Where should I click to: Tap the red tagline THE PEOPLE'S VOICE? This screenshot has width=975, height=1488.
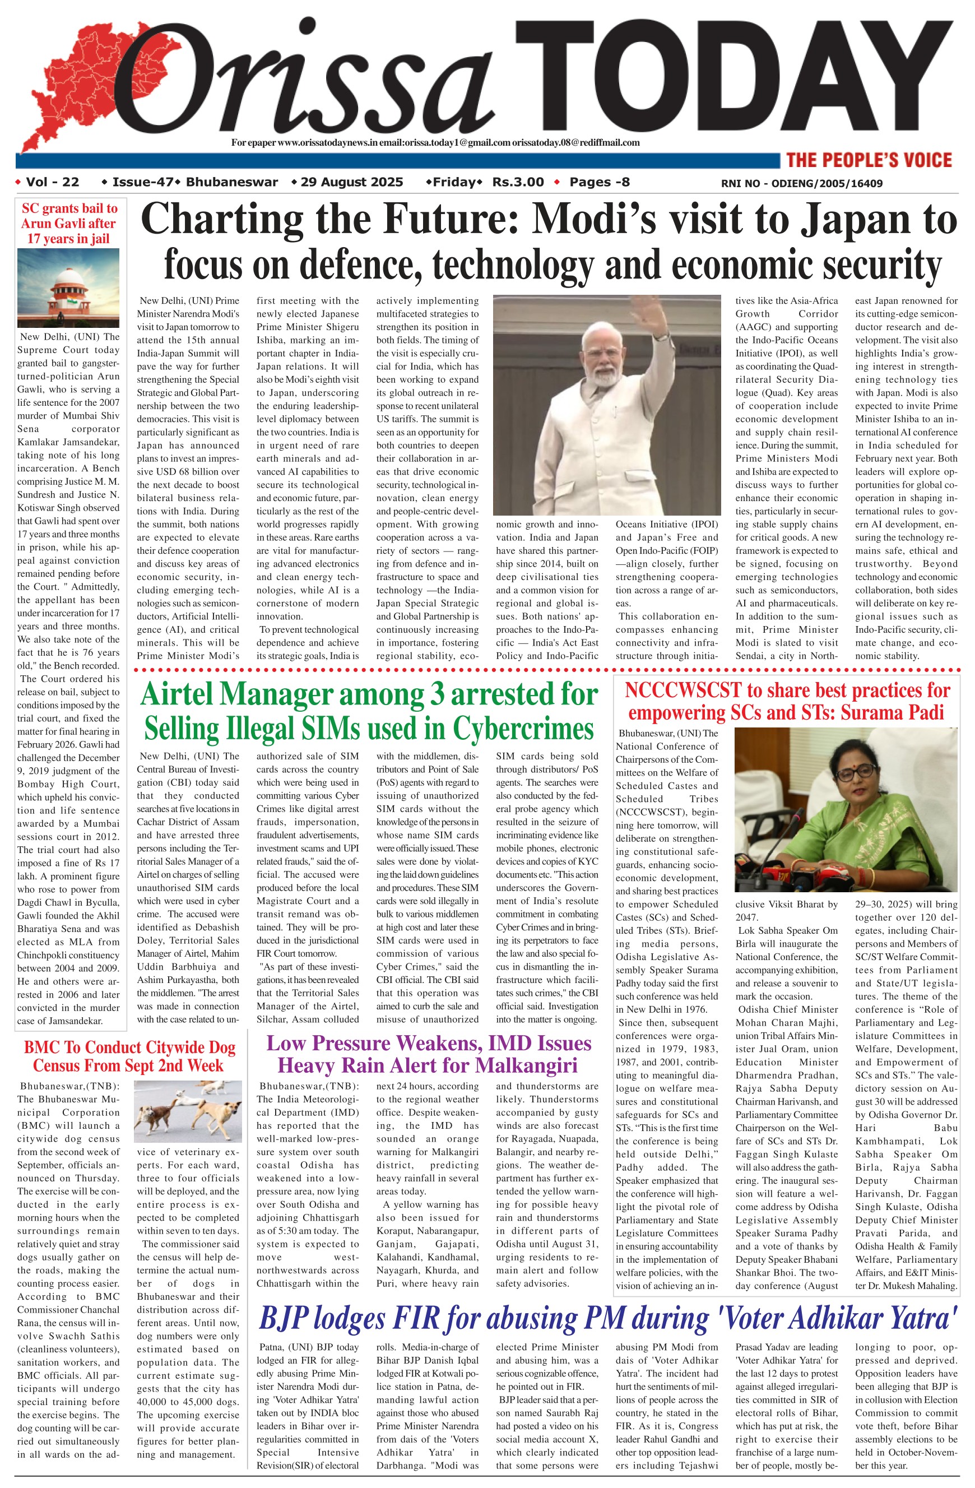[869, 160]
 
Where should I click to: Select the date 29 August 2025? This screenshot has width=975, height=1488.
[351, 182]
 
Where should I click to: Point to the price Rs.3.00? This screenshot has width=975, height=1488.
[518, 182]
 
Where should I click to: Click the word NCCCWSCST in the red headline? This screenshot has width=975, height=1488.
[682, 690]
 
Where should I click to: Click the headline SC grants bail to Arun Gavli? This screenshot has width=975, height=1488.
[69, 223]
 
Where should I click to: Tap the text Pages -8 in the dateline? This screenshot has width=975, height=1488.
[600, 182]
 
